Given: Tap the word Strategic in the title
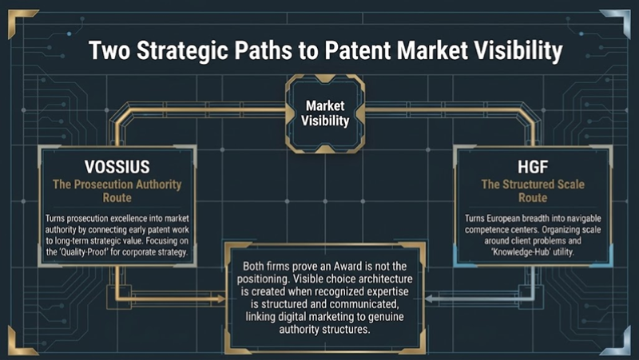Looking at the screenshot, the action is coord(183,51).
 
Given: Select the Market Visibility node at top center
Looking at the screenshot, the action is coord(325,113).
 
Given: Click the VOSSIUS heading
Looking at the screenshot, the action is coord(117,167).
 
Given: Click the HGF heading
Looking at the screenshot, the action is coord(533,167).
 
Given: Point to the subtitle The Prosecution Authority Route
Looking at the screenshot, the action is coord(117,191).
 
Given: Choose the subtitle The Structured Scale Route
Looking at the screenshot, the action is coord(533,191).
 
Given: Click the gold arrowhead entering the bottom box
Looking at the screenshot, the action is coord(221,299).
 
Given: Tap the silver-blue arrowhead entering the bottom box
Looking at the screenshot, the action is coord(429,299).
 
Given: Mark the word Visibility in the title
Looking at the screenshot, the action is coord(518,51).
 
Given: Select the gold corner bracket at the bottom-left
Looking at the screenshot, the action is coord(19,342).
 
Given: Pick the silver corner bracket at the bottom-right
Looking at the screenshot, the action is coord(619,342).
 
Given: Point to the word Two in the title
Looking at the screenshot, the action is coord(110,50).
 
